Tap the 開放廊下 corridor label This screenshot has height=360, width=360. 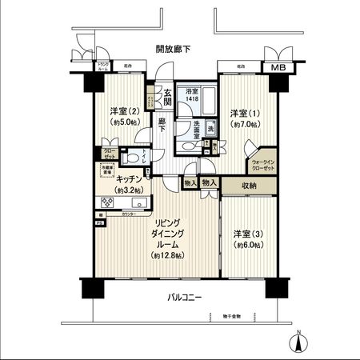(174, 49)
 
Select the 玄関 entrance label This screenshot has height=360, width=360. (167, 94)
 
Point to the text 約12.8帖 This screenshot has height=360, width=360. (168, 255)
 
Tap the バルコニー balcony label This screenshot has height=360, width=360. (184, 298)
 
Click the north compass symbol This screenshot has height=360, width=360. (298, 342)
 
